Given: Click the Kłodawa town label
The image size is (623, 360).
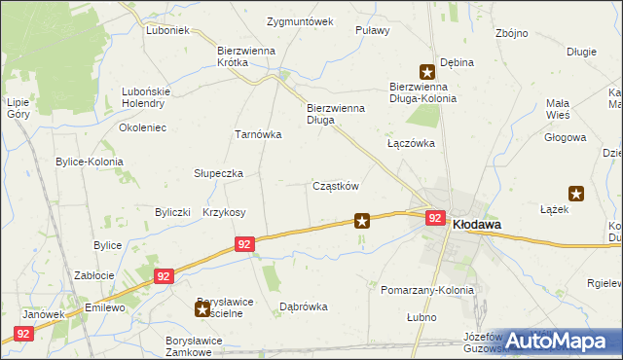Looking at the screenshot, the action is [x=478, y=224].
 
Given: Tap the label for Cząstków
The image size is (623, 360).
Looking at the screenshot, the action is [x=337, y=186].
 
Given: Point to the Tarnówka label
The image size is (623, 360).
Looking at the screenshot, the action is [x=258, y=135].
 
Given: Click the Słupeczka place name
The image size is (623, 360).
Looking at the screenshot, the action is [x=218, y=173].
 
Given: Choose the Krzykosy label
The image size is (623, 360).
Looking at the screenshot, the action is [x=224, y=212].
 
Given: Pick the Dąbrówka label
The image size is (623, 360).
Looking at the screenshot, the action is [x=303, y=306].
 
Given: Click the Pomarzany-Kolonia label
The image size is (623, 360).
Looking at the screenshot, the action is [x=427, y=291].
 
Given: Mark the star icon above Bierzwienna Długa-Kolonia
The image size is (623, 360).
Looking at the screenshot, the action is [x=426, y=71].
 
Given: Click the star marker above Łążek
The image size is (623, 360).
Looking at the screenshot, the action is [x=576, y=194].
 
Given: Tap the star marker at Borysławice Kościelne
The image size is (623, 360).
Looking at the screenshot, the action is [x=202, y=309].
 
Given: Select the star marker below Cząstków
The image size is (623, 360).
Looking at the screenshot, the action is [x=362, y=222].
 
